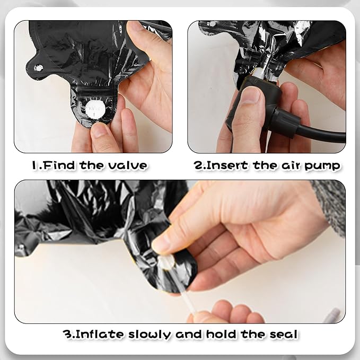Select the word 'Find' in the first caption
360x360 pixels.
[x=59, y=165]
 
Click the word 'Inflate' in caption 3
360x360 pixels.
[x=100, y=334]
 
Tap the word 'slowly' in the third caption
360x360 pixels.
[x=150, y=335]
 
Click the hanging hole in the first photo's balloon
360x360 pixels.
[x=38, y=68]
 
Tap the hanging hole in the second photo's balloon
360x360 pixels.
[x=213, y=24]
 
